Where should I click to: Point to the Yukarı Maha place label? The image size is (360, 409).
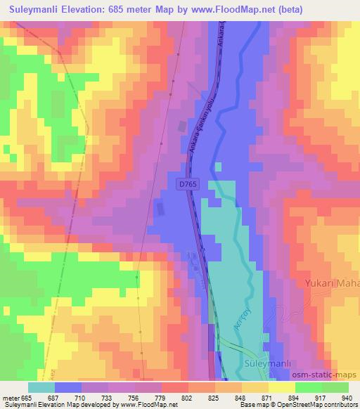tap(331, 284)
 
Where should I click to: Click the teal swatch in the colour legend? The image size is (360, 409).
tap(41, 387)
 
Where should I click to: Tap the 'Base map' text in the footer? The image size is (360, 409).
tap(251, 405)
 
